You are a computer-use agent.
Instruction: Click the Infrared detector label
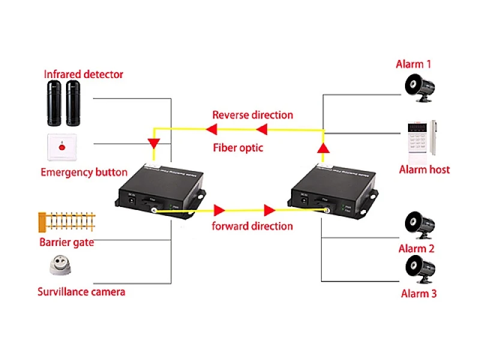click(83, 74)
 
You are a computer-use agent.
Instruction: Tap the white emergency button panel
click(62, 147)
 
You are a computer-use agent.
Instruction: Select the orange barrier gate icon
click(67, 221)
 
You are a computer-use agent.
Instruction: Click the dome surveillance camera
click(61, 265)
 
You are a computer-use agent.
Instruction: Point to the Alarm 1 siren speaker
click(419, 88)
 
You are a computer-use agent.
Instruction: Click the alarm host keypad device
click(422, 139)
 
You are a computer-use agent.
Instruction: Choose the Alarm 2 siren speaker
click(419, 226)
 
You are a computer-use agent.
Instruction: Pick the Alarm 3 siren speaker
click(421, 269)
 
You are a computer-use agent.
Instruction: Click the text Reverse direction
click(253, 115)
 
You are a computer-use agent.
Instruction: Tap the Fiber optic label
click(238, 148)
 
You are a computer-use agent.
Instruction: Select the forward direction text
click(252, 226)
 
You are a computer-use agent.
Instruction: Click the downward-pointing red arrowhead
click(154, 143)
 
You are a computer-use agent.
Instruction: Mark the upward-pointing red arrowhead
click(323, 148)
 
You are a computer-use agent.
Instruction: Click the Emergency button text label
click(84, 172)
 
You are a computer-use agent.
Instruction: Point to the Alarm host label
click(424, 170)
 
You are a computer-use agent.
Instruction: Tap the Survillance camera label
click(81, 292)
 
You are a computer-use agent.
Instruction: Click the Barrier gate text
click(67, 242)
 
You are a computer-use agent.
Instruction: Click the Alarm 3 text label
click(419, 293)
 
